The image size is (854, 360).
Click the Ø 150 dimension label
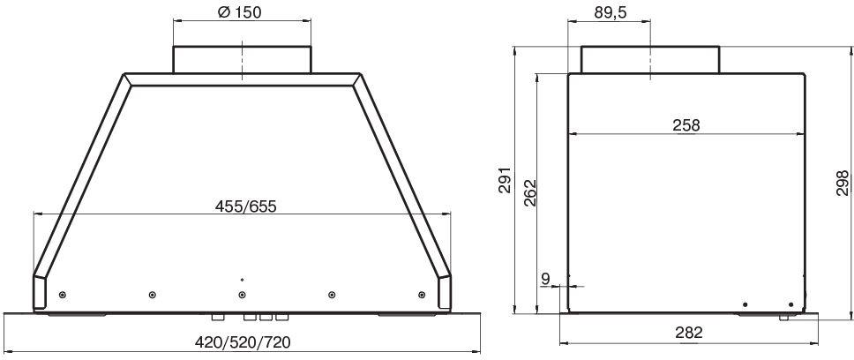[x=239, y=12]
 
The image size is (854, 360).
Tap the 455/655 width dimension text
[x=245, y=206]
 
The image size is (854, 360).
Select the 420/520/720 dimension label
[x=243, y=342]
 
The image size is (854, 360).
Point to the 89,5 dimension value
[x=610, y=13]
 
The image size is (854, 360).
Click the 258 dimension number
[x=686, y=125]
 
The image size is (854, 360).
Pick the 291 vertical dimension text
[x=505, y=180]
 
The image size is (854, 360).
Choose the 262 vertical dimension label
[x=530, y=192]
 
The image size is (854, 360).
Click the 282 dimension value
[x=689, y=333]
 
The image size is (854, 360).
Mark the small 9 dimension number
[x=546, y=280]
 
